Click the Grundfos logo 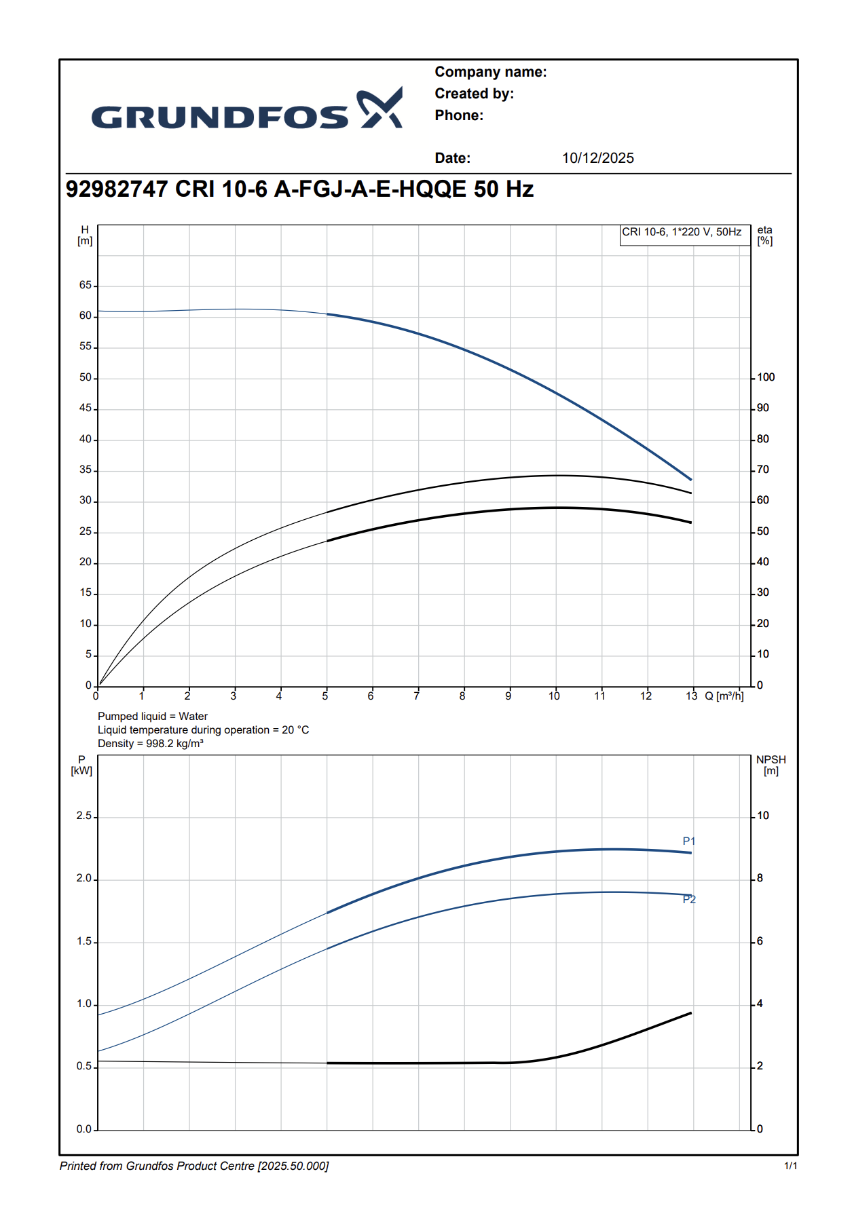247,109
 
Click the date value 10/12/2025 597,158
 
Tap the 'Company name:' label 490,72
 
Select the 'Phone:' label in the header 459,115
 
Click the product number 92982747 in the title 116,189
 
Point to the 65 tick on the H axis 86,285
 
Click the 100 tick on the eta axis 766,377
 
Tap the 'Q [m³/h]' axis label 724,696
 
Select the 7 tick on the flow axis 417,696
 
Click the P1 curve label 689,841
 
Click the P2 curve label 689,900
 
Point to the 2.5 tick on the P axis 84,816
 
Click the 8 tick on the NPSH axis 760,878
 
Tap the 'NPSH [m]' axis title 771,765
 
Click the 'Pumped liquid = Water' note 153,717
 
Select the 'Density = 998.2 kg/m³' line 151,744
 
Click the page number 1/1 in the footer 790,1166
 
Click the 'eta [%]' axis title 765,235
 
